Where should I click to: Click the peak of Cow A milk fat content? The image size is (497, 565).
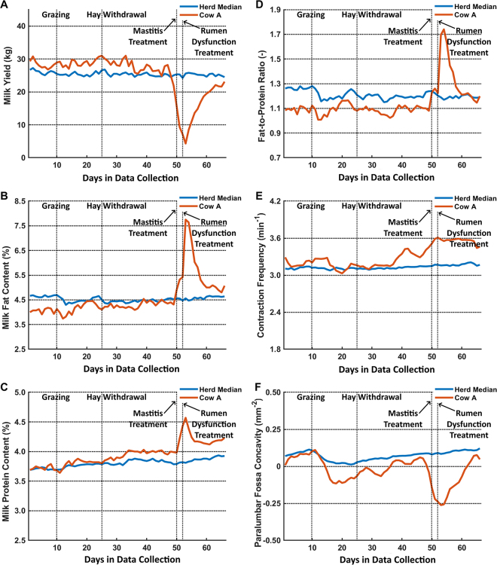coord(186,220)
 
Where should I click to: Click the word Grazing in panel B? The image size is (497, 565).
coord(56,206)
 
